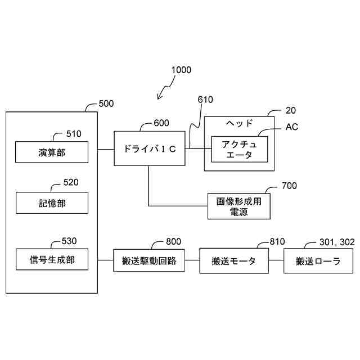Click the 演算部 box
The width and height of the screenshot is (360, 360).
pyautogui.click(x=52, y=152)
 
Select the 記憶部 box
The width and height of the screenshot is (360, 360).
pyautogui.click(x=52, y=203)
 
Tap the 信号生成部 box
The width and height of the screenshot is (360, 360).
pyautogui.click(x=52, y=259)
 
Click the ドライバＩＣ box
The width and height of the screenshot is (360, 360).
pyautogui.click(x=150, y=149)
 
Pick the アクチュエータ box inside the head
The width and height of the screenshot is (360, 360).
pyautogui.click(x=238, y=149)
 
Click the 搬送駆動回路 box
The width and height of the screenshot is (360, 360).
pyautogui.click(x=149, y=261)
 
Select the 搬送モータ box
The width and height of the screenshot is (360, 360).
pyautogui.click(x=233, y=261)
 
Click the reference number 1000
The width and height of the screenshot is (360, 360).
pyautogui.click(x=181, y=70)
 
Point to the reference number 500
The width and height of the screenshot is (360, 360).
pyautogui.click(x=106, y=103)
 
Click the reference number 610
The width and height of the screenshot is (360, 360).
pyautogui.click(x=205, y=100)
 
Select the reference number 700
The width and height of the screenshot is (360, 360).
pyautogui.click(x=289, y=186)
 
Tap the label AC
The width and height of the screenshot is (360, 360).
pyautogui.click(x=292, y=127)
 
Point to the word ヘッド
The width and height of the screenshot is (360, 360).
pyautogui.click(x=239, y=124)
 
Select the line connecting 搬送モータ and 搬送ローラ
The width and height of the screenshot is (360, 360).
pyautogui.click(x=276, y=261)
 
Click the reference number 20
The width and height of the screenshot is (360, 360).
pyautogui.click(x=291, y=110)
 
